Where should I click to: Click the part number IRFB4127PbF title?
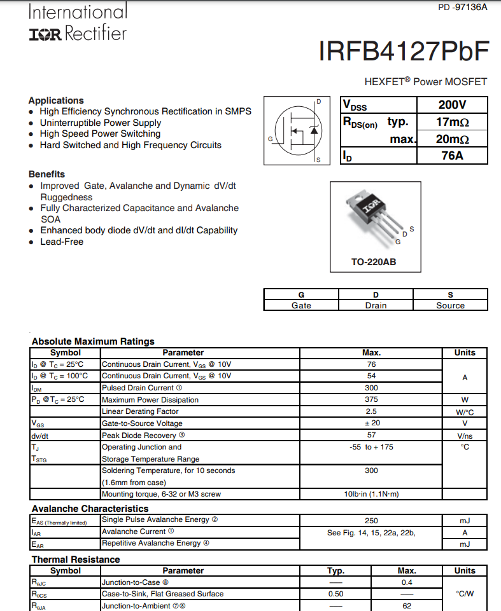[x=404, y=51]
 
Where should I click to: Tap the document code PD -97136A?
[x=463, y=7]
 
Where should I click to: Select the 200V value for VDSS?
[x=452, y=105]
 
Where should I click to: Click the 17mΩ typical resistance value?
[x=452, y=122]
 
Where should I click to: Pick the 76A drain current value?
[x=452, y=155]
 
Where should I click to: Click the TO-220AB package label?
[x=374, y=262]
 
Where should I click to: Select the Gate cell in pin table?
[x=301, y=305]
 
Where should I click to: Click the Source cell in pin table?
[x=450, y=305]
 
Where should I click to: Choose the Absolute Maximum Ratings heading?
[x=93, y=341]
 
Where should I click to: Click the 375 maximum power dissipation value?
[x=371, y=399]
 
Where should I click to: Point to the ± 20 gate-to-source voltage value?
[x=371, y=423]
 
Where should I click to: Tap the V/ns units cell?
[x=465, y=436]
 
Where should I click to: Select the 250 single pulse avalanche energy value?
[x=371, y=520]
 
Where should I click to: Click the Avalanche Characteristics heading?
[x=90, y=509]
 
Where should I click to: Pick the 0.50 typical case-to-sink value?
[x=335, y=594]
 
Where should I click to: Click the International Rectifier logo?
[x=78, y=23]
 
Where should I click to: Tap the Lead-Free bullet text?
[x=62, y=242]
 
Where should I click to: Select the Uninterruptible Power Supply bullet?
[x=101, y=123]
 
